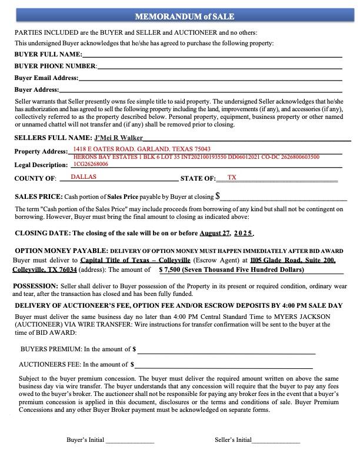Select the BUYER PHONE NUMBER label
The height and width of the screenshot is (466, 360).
pos(56,66)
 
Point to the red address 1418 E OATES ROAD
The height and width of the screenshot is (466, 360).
pos(142,149)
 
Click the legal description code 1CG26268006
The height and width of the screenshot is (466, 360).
pos(91,164)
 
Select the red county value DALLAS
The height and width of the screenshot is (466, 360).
pos(83,177)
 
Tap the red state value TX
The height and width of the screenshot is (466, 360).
pos(232,177)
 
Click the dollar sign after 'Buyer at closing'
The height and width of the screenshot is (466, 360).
pos(218,196)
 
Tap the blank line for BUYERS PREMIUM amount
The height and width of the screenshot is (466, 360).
pos(226,349)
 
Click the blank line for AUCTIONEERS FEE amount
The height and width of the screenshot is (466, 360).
pos(224,365)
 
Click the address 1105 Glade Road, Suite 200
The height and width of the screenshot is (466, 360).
pos(292,259)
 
